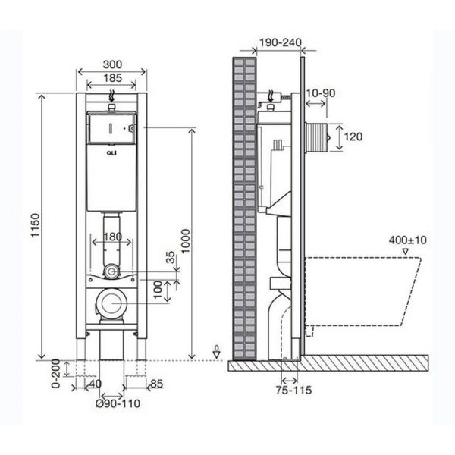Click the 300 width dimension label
(x=112, y=64)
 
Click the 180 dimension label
(x=112, y=237)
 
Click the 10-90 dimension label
(x=320, y=93)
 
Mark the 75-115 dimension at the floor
(x=295, y=390)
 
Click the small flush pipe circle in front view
(x=111, y=269)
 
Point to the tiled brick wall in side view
(x=243, y=205)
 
